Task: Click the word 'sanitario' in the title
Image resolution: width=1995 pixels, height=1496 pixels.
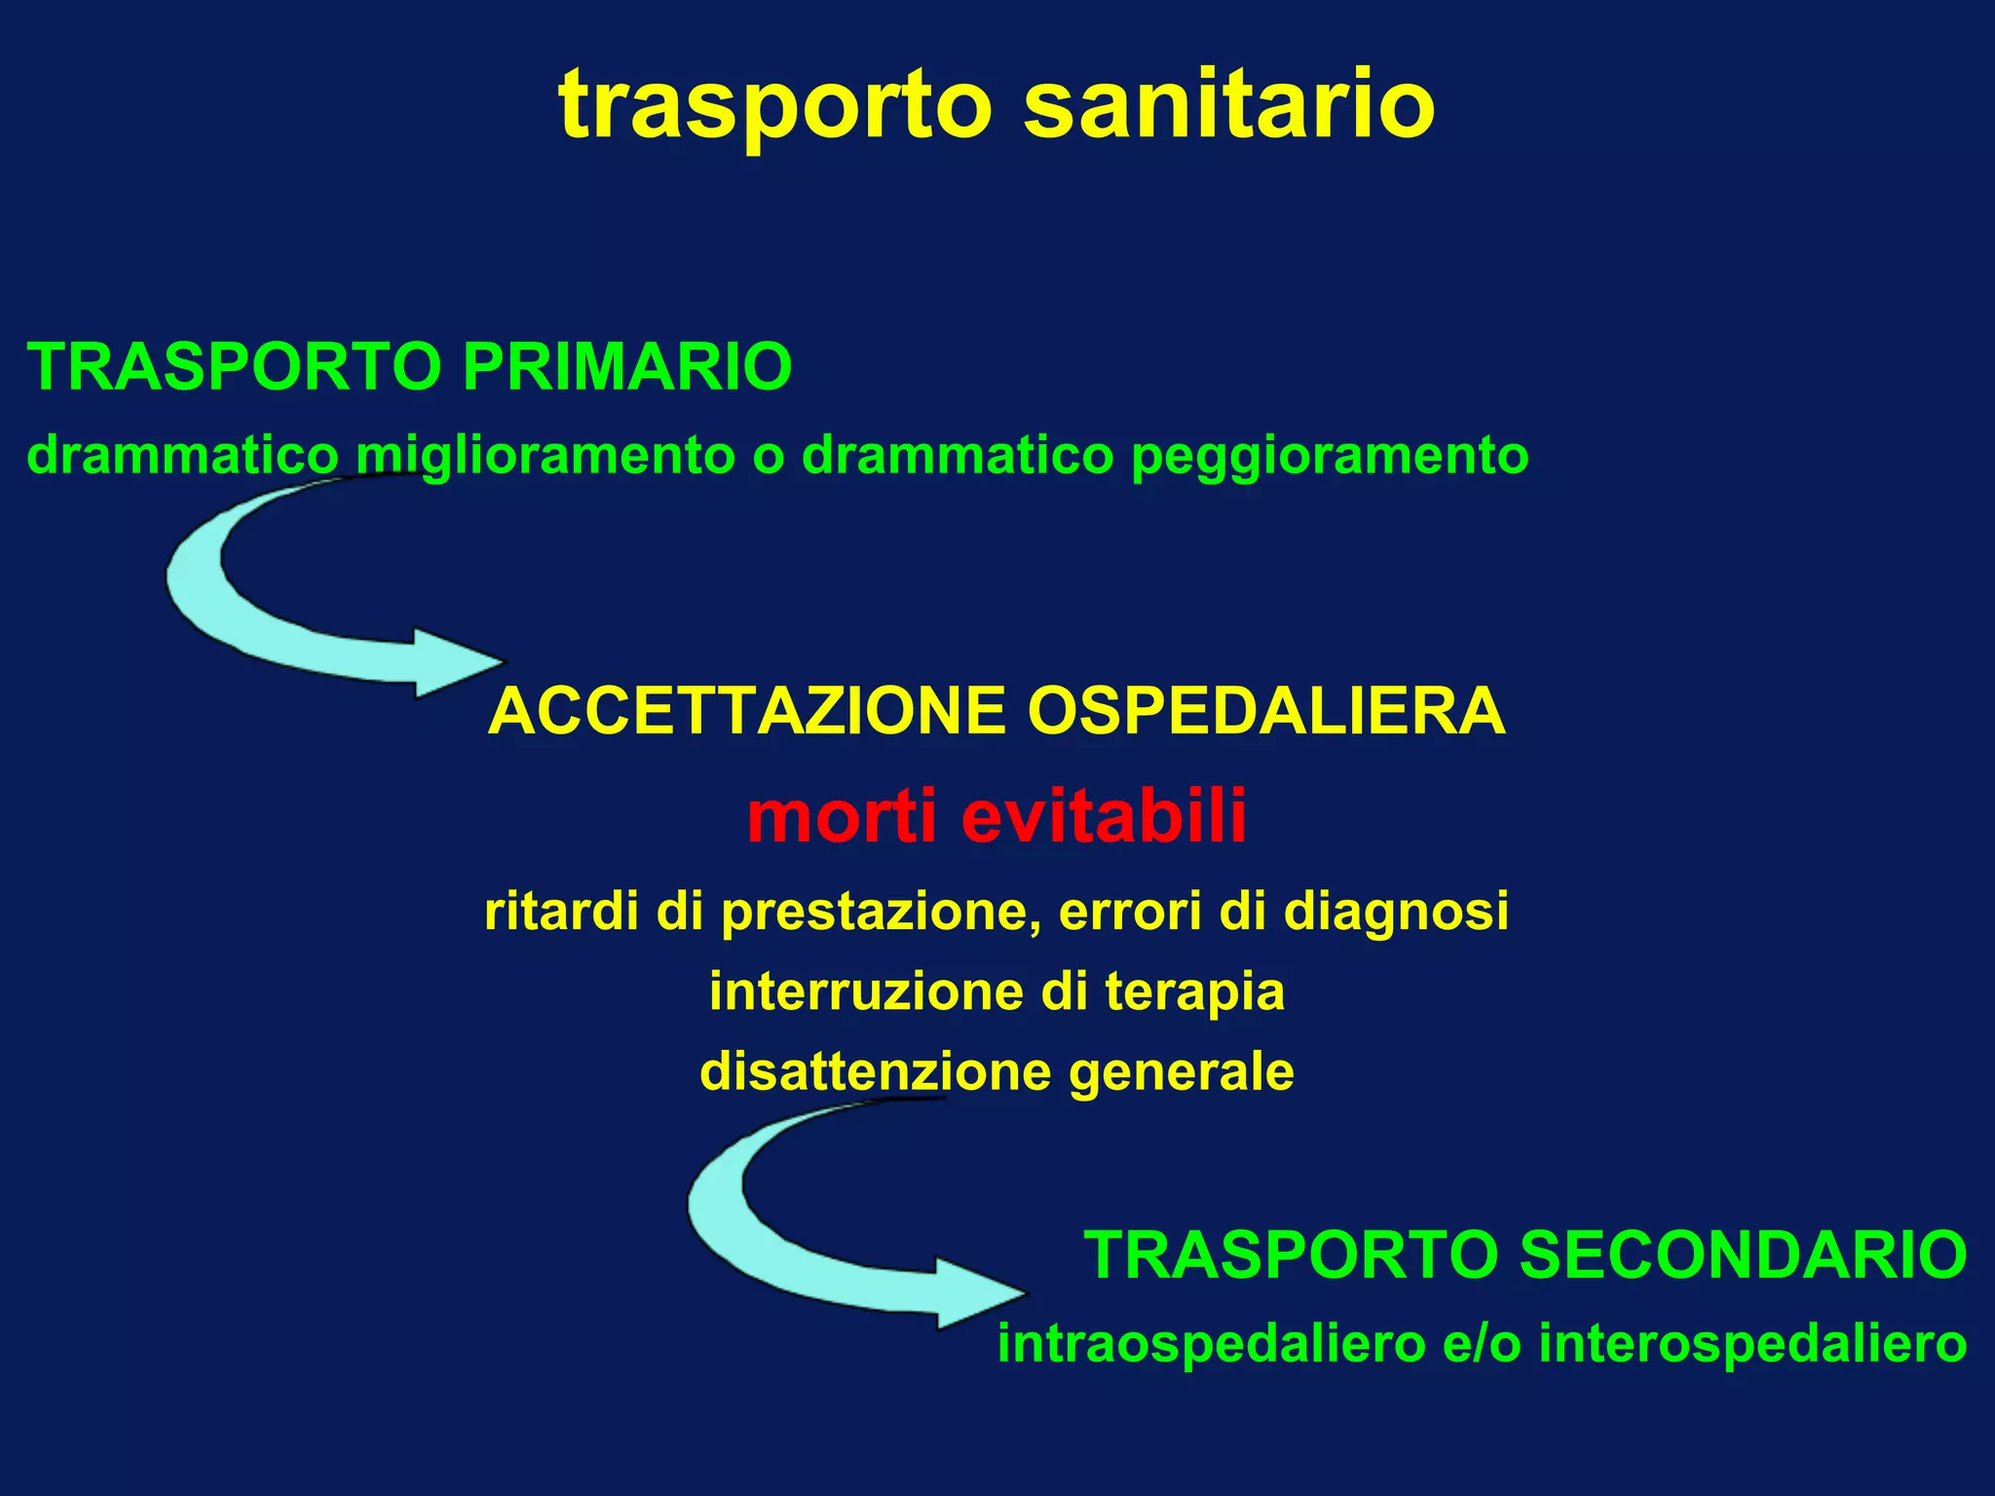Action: point(1229,103)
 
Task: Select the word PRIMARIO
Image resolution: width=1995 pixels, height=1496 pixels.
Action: point(627,367)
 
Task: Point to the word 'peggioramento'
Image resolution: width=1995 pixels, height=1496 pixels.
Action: point(1330,456)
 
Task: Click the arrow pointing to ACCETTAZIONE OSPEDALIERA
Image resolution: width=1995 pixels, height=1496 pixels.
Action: point(292,623)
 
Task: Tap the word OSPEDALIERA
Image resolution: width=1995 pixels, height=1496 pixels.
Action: point(1266,711)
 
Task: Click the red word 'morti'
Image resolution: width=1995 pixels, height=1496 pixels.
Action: point(842,816)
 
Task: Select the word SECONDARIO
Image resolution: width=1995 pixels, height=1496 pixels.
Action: point(1744,1254)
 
